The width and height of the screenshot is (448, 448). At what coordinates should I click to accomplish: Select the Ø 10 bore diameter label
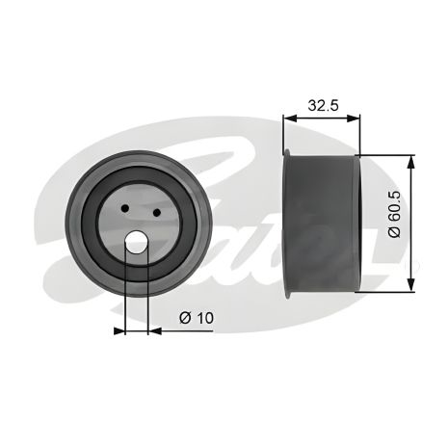(x=198, y=317)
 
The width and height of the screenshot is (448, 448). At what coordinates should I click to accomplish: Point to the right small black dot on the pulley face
(x=157, y=209)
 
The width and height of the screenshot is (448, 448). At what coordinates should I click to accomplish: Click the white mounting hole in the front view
(x=137, y=245)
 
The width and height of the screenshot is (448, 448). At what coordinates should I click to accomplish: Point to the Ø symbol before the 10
(x=184, y=317)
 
